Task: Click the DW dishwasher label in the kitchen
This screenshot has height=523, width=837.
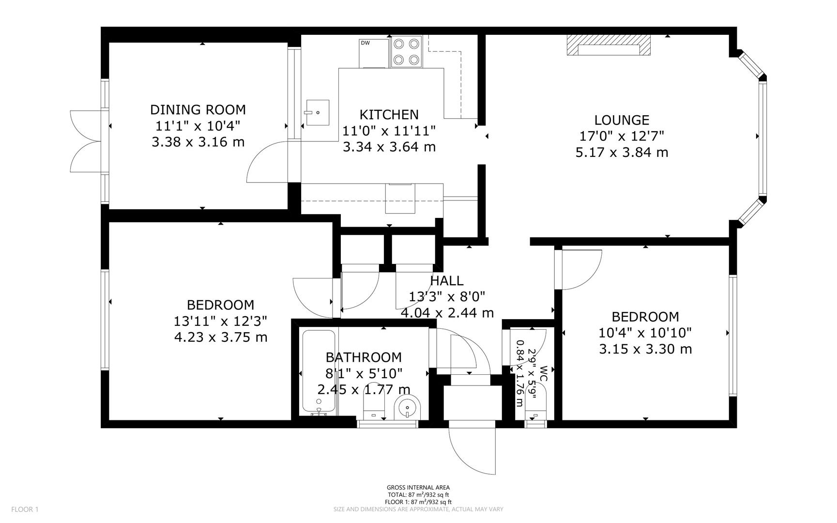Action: pos(365,43)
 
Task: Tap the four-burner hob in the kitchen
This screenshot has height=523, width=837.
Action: pos(406,51)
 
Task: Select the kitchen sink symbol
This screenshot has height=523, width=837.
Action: pos(317,112)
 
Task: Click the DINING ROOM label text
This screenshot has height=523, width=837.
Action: pos(198,109)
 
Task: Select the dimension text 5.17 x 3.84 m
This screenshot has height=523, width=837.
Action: pos(622,153)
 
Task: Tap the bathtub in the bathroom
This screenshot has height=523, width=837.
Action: pos(318,371)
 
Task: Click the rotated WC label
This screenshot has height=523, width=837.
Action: pos(543,373)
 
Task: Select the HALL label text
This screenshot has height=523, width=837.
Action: pos(446,280)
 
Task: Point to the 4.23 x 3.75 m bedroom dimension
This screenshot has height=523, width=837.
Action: pos(220,337)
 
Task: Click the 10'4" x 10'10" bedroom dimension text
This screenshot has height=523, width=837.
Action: pos(645,333)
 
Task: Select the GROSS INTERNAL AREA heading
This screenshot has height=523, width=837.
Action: pos(418,488)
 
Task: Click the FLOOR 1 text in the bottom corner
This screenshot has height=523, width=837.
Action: pos(25,509)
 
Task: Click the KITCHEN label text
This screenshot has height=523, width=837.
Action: pos(389,115)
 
